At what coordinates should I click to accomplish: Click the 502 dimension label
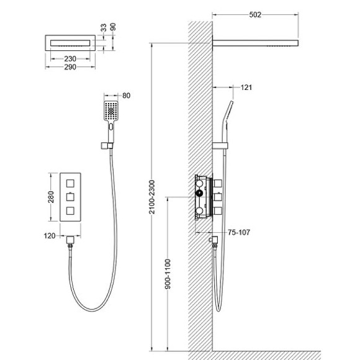pyautogui.click(x=255, y=15)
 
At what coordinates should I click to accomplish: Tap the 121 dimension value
pyautogui.click(x=246, y=88)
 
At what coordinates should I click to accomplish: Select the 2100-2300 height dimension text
pyautogui.click(x=152, y=197)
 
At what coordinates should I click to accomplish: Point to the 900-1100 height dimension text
pyautogui.click(x=168, y=274)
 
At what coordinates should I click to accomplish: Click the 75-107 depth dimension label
pyautogui.click(x=239, y=232)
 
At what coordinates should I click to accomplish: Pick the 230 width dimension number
pyautogui.click(x=70, y=59)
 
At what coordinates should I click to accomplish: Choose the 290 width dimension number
pyautogui.click(x=70, y=67)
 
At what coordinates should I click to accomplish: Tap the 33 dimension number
pyautogui.click(x=104, y=28)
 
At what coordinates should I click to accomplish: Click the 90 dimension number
pyautogui.click(x=113, y=27)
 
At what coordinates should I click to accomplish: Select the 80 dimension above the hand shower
pyautogui.click(x=126, y=96)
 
